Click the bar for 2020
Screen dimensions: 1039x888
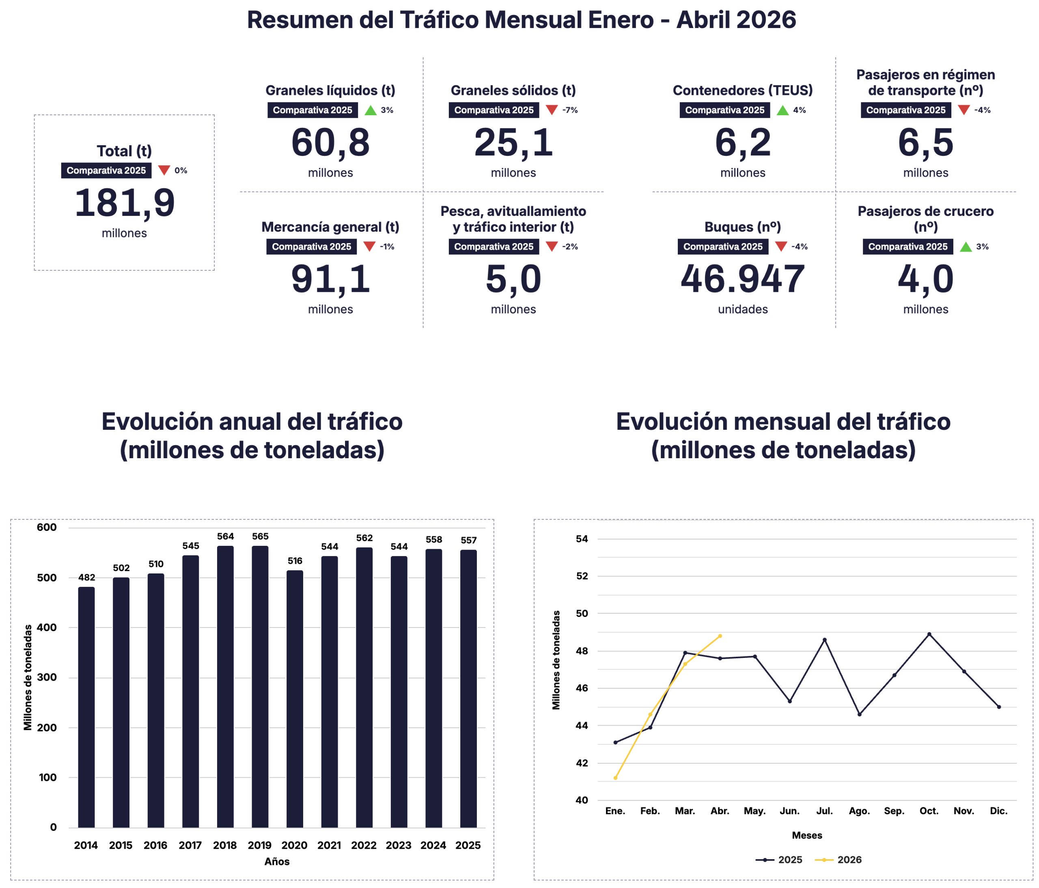(295, 699)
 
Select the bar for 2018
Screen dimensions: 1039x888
(225, 687)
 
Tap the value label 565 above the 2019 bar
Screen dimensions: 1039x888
(260, 537)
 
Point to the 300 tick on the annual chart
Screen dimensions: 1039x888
(47, 677)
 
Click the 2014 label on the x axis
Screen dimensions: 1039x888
(86, 845)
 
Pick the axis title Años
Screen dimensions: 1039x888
(277, 862)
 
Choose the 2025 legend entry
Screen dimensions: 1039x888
(779, 860)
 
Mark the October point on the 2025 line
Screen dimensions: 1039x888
(929, 634)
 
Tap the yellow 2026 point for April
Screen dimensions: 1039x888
(720, 636)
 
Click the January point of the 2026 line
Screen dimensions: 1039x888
(615, 778)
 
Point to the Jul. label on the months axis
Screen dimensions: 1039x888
(824, 811)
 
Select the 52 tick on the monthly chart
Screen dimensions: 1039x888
(582, 576)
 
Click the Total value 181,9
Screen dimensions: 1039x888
(124, 203)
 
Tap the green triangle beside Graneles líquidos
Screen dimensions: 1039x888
(371, 110)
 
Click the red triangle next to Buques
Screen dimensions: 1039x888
(781, 246)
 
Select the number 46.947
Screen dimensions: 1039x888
(743, 279)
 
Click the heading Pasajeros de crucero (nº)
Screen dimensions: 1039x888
(926, 219)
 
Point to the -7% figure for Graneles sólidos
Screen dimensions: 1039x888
(570, 110)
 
